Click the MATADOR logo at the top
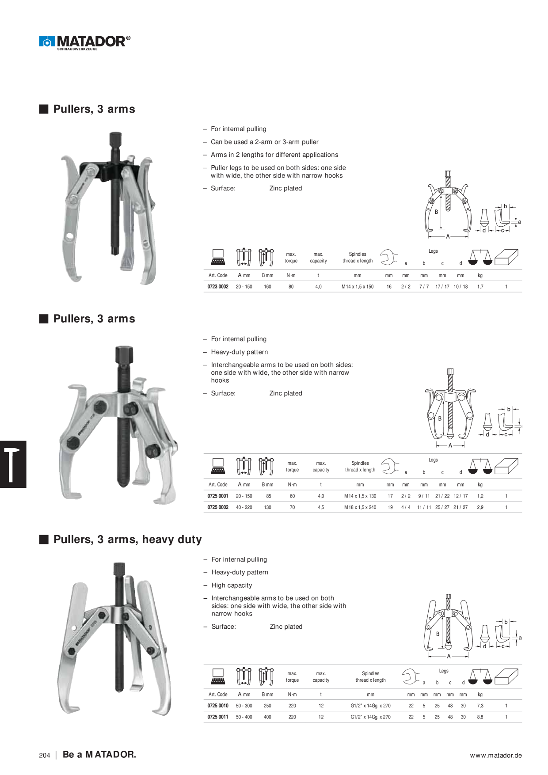tap(84, 42)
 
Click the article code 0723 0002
tap(218, 287)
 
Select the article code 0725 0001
tap(218, 496)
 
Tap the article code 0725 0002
tap(218, 508)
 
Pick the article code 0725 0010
tap(218, 706)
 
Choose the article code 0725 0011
tap(218, 717)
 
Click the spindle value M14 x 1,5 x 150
tap(358, 287)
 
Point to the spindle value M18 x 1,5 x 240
tap(360, 508)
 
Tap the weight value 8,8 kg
tap(480, 717)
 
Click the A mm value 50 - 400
tap(244, 717)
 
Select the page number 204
tap(45, 756)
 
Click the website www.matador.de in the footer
tap(496, 756)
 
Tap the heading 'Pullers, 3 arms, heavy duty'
tap(127, 539)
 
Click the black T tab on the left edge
tap(13, 464)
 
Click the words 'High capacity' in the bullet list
tap(232, 585)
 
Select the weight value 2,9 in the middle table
tap(480, 508)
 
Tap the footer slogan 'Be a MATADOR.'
tap(99, 755)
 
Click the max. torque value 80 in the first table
tap(291, 287)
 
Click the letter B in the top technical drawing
tap(436, 212)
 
